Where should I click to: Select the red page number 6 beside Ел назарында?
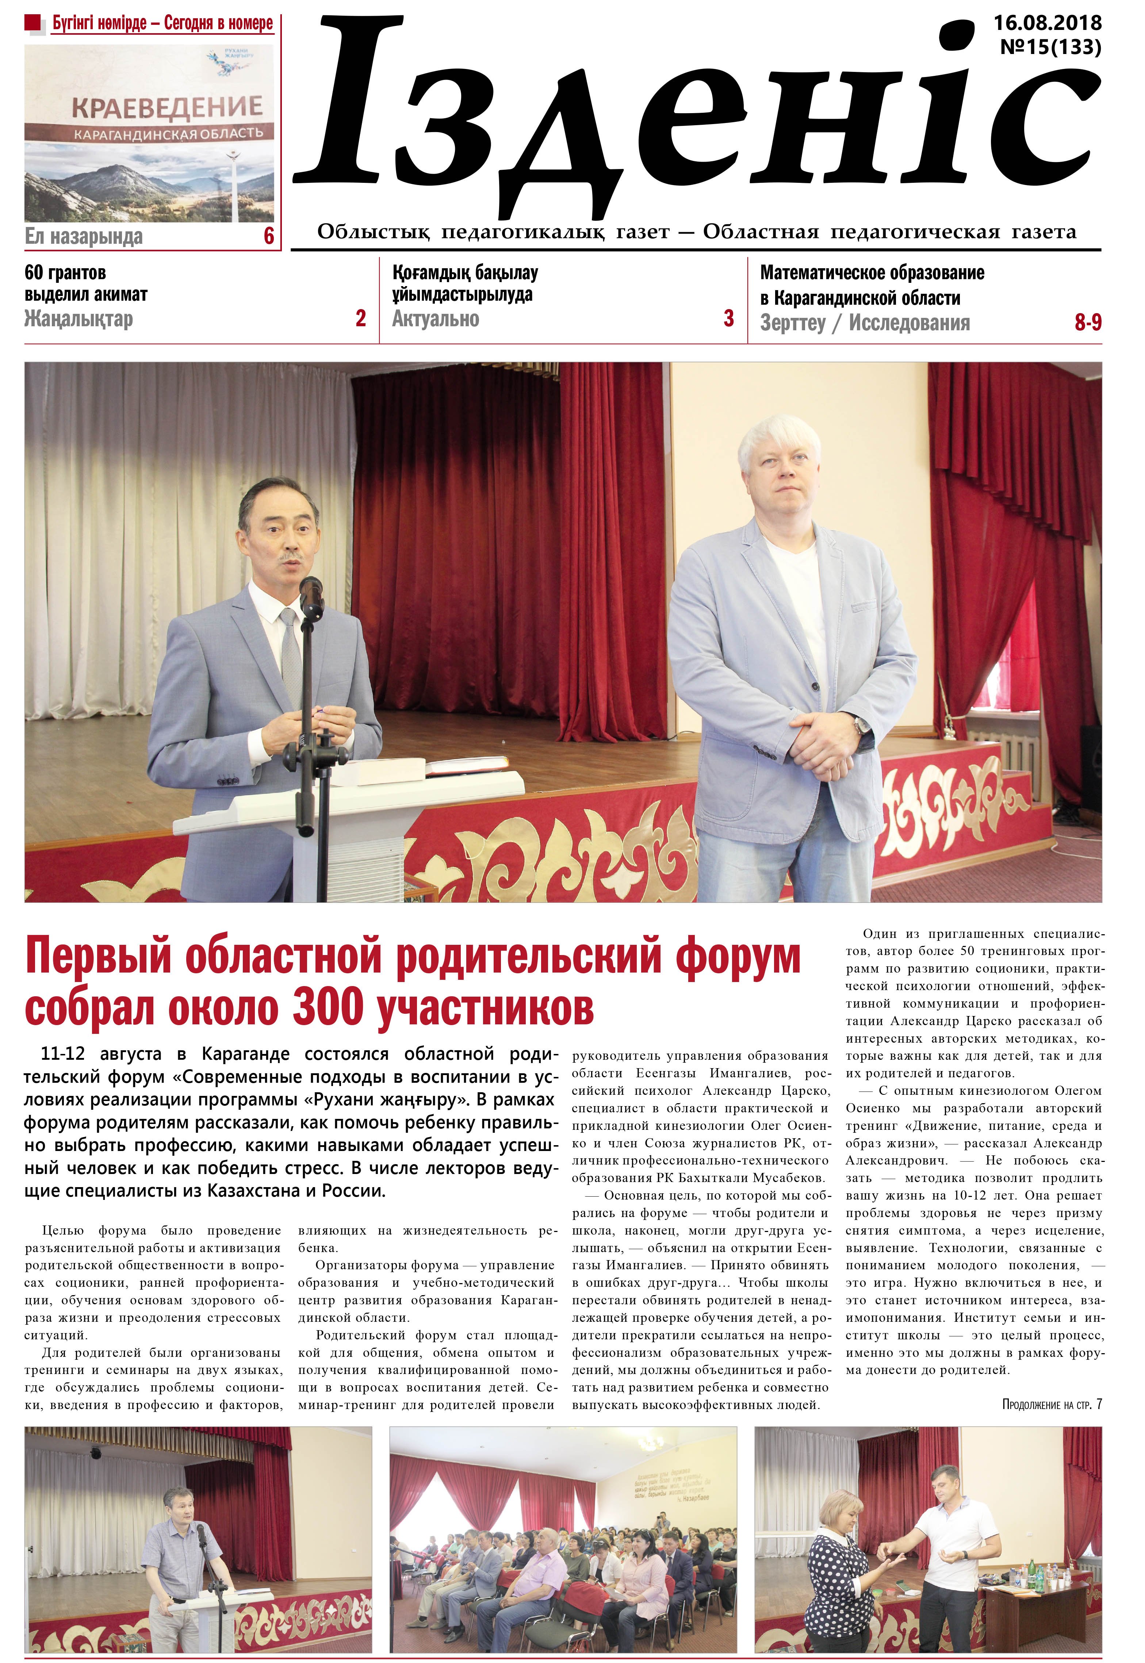click(x=269, y=236)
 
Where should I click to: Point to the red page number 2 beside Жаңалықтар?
click(x=361, y=318)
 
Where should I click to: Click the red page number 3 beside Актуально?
click(x=729, y=318)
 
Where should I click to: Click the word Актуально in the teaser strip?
click(x=436, y=318)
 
